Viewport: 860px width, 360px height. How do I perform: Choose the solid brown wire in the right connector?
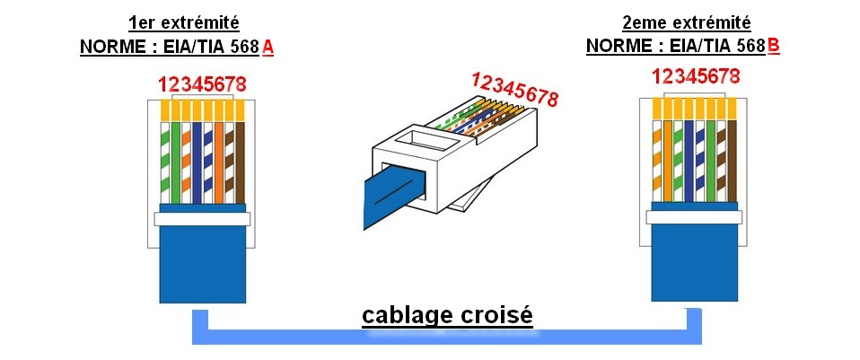(732, 162)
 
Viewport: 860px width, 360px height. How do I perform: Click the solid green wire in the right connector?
(710, 162)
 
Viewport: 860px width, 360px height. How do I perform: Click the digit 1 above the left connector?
(162, 85)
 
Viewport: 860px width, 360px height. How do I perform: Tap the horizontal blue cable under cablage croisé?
(449, 338)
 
